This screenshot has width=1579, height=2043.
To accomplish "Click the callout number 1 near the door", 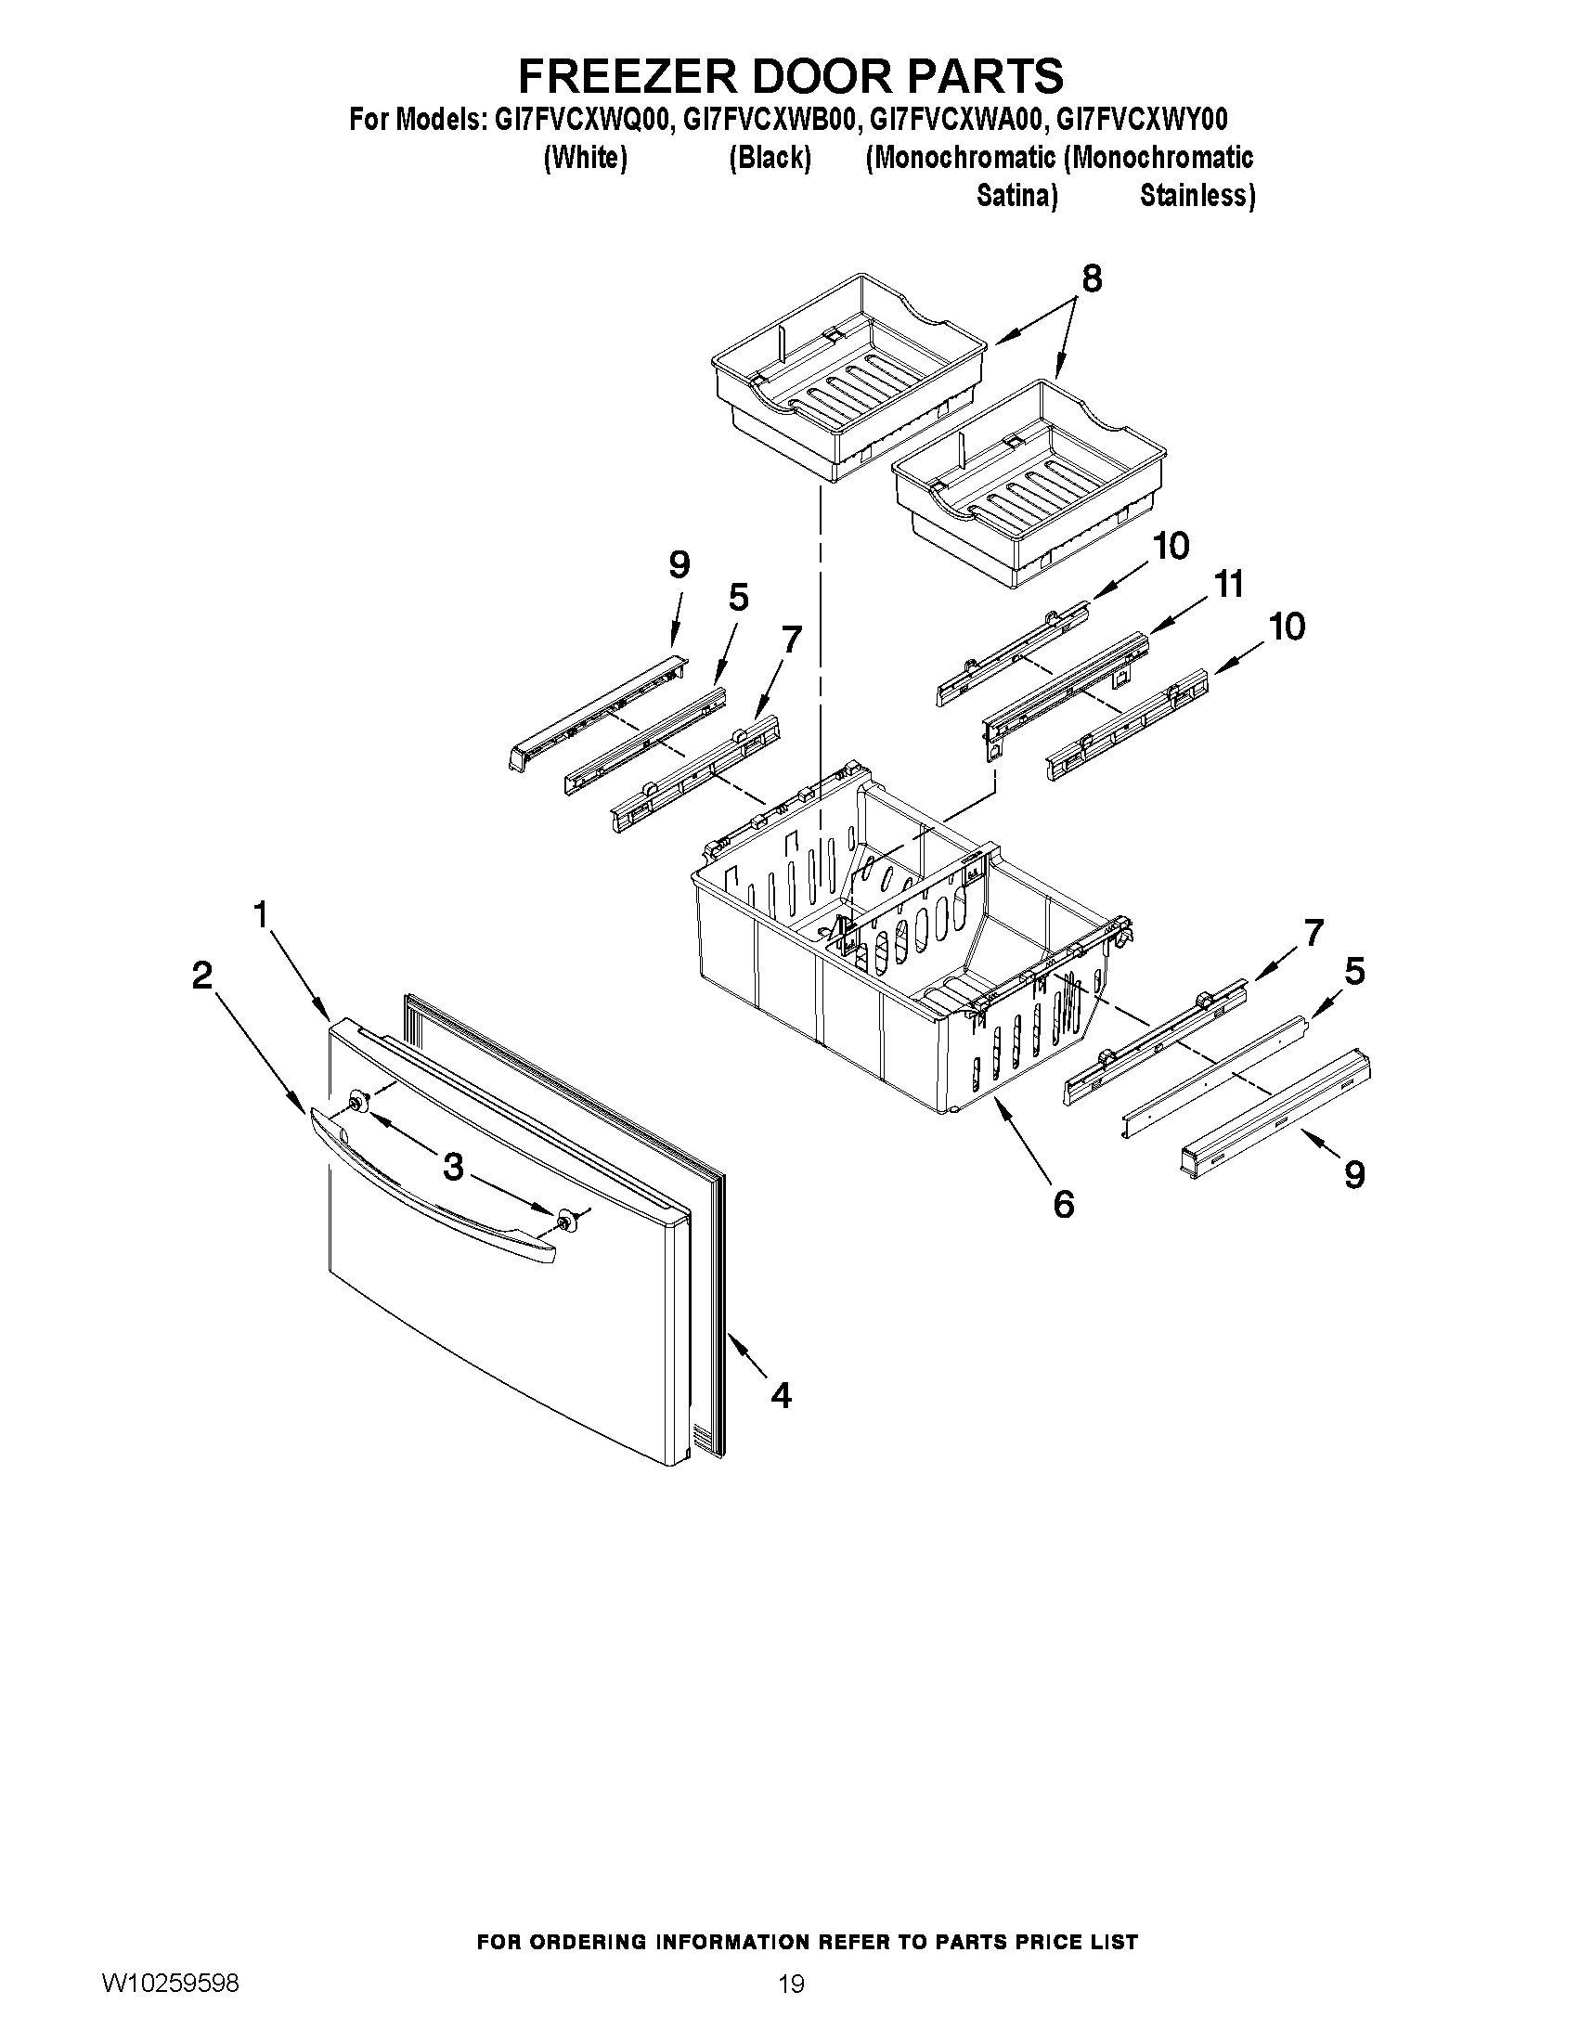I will [262, 914].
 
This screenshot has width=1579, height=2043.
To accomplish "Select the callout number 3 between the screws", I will [453, 1167].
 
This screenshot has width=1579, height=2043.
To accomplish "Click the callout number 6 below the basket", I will [1064, 1205].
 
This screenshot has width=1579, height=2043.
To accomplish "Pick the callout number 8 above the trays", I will [1091, 278].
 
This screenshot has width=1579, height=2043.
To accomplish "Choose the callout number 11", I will [1229, 585].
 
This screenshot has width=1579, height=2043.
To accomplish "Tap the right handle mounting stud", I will [565, 1219].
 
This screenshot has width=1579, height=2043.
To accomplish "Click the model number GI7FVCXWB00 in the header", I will [770, 120].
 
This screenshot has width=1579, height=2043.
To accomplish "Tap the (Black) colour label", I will [770, 158].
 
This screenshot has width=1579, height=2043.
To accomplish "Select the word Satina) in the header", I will [1016, 196].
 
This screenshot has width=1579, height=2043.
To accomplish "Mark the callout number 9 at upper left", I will [679, 565].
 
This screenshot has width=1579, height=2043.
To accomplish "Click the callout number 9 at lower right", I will [1354, 1174].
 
